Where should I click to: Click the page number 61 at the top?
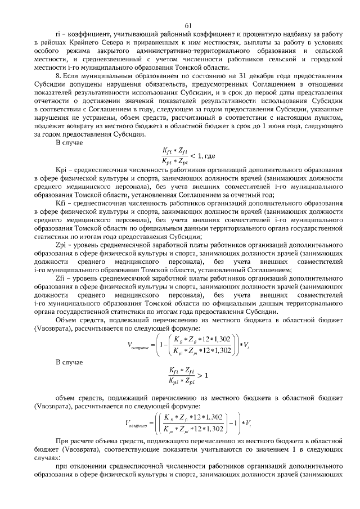pyautogui.click(x=188, y=24)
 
